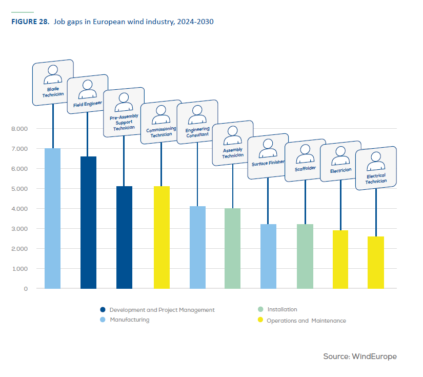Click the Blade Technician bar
coord(53,218)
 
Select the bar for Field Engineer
coord(89,222)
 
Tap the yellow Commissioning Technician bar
coord(162,237)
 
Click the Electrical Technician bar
coord(376,262)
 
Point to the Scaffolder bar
coord(305,256)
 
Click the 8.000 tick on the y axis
coord(18,129)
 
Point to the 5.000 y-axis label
coord(18,189)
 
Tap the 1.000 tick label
coord(18,269)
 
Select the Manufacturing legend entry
coord(129,320)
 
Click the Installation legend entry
coord(281,309)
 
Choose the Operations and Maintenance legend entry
coord(306,321)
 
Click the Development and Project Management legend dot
coord(103,310)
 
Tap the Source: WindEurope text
coord(359,356)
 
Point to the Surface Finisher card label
coord(268,164)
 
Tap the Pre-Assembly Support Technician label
coord(124,122)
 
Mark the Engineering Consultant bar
coord(197,247)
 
